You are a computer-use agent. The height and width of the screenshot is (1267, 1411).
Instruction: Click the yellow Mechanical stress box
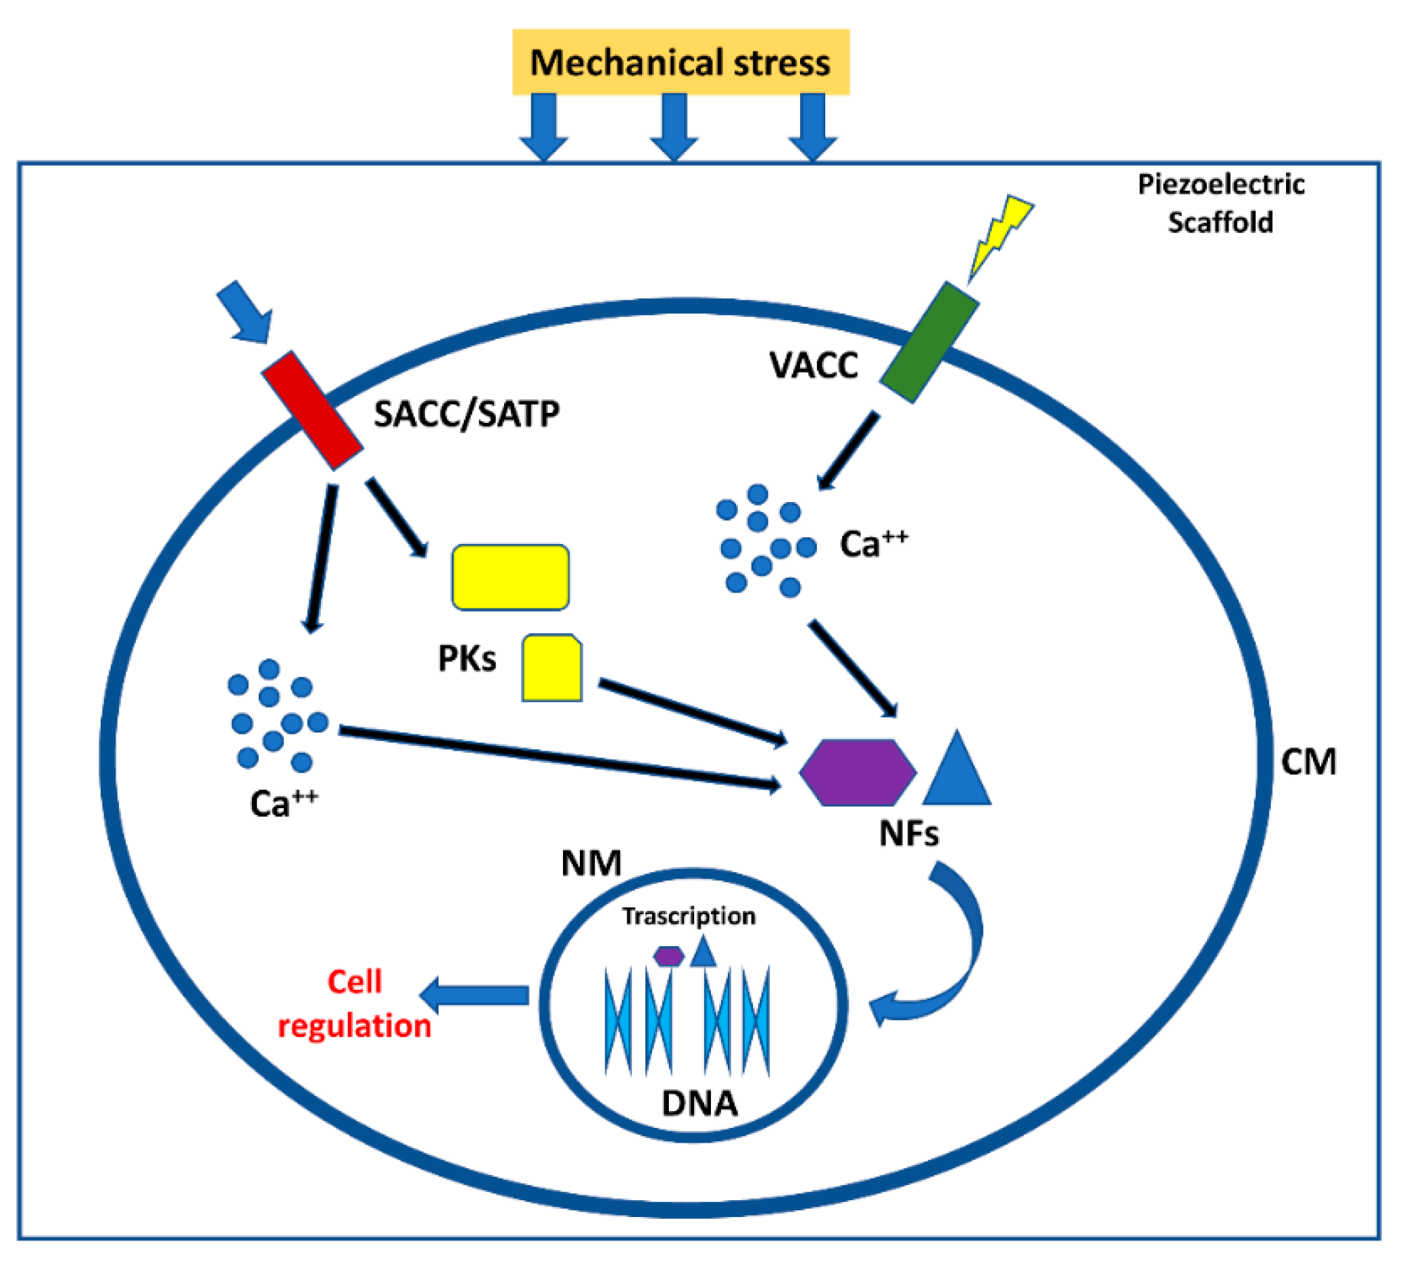click(x=680, y=61)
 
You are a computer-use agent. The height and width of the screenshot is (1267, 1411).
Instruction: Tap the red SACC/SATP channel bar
click(x=312, y=410)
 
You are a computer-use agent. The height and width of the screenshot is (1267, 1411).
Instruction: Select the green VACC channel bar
click(x=929, y=343)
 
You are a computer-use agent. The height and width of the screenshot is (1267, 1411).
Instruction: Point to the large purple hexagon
click(x=857, y=773)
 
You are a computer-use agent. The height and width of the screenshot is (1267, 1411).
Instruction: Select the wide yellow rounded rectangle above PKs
click(x=510, y=577)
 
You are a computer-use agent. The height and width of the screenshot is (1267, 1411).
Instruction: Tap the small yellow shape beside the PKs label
click(x=551, y=667)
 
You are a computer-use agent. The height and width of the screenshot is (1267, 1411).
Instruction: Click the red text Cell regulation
click(x=354, y=1004)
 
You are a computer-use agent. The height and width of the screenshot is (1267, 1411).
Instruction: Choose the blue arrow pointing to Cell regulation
click(x=476, y=995)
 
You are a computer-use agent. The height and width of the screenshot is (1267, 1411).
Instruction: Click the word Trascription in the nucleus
click(x=689, y=916)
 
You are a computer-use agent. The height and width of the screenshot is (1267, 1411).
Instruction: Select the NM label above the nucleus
click(x=591, y=863)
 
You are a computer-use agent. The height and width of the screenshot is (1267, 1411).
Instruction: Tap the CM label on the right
click(x=1308, y=762)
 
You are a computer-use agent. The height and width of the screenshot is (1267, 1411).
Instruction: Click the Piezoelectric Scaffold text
click(x=1220, y=203)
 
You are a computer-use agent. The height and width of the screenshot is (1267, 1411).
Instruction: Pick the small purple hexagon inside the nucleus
click(x=669, y=955)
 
